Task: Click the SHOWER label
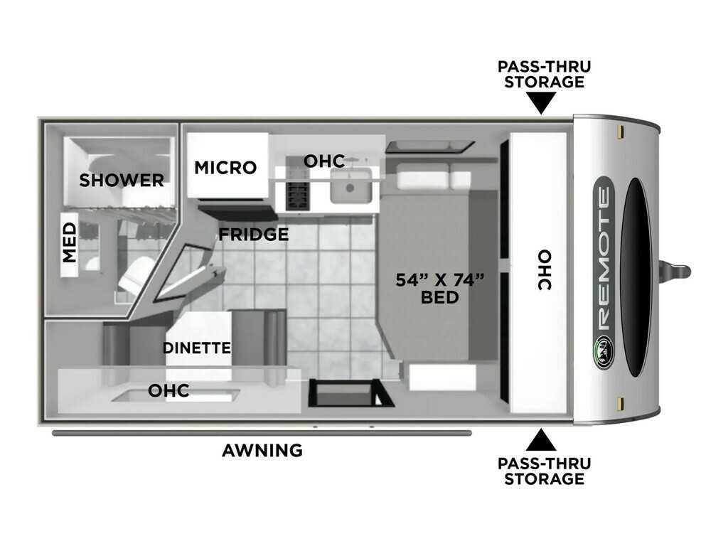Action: pos(121,180)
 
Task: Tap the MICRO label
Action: pos(225,168)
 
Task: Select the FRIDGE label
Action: pos(254,235)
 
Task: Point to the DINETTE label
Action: pos(197,348)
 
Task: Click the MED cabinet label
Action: pos(69,242)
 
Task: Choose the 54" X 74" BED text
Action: pos(439,289)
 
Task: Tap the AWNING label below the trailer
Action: pos(262,450)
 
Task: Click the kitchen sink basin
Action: pos(351,186)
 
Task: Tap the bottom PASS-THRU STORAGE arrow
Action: pos(541,440)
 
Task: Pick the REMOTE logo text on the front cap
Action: pos(604,259)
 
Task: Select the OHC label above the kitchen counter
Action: pos(324,161)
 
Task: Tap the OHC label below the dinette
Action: pos(168,391)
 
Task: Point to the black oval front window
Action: pos(636,277)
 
